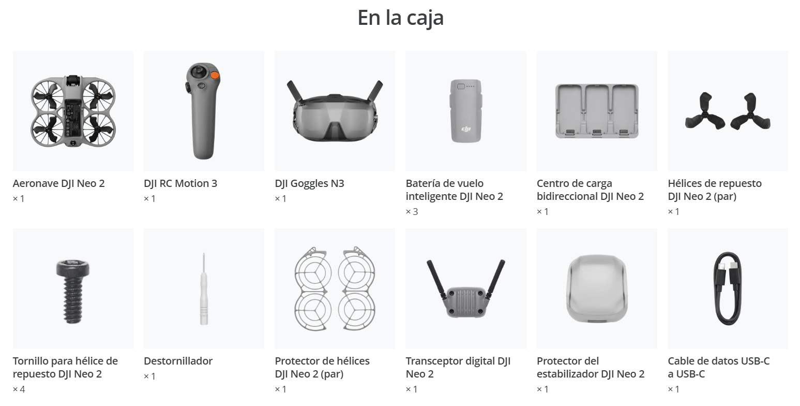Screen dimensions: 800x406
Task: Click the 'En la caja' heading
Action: click(x=400, y=18)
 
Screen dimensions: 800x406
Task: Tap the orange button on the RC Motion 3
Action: click(x=215, y=75)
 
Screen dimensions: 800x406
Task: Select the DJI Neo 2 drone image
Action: click(x=73, y=111)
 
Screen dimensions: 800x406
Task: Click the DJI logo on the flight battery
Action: click(x=466, y=129)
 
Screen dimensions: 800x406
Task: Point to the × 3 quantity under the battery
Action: click(x=412, y=212)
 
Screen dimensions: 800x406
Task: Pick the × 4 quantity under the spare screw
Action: click(x=19, y=389)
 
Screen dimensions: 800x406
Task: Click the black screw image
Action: click(x=73, y=291)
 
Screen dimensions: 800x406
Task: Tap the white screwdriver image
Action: click(x=204, y=289)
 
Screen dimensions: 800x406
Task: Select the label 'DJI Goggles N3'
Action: click(x=309, y=183)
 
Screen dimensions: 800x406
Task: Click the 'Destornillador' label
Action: click(x=178, y=361)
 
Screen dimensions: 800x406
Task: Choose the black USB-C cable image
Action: click(x=728, y=288)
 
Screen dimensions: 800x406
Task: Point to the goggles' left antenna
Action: click(x=295, y=91)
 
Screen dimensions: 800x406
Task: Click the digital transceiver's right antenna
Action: click(x=496, y=279)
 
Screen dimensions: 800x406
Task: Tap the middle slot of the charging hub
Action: click(x=596, y=109)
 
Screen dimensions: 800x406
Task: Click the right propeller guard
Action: click(x=356, y=288)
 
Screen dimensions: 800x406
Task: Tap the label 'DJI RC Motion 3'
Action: click(x=180, y=183)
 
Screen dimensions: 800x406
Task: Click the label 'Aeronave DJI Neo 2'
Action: click(x=58, y=183)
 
